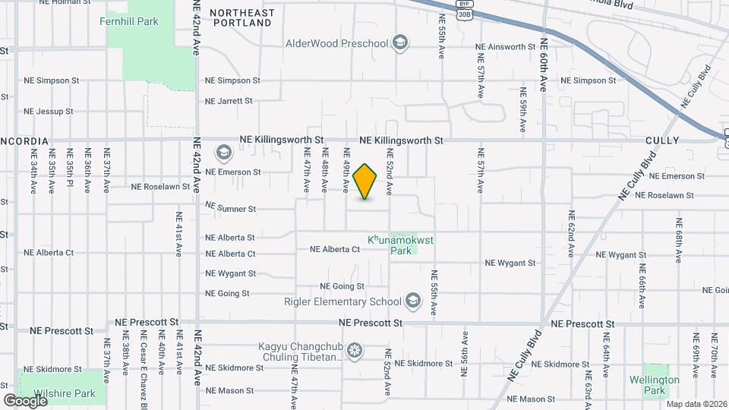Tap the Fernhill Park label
pos(129,21)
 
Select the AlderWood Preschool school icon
pos(401,43)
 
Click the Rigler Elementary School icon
pos(412,301)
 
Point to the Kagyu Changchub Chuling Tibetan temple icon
pos(354,351)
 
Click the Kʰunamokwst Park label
pos(400,244)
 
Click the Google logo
pos(26,400)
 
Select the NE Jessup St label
pos(48,111)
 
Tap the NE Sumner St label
pos(231,207)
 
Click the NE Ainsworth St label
pos(507,47)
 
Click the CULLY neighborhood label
pos(662,141)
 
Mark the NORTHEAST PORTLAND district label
pos(241,18)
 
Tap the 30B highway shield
pos(463,13)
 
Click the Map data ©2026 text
pos(696,404)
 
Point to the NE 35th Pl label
pos(70,174)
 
